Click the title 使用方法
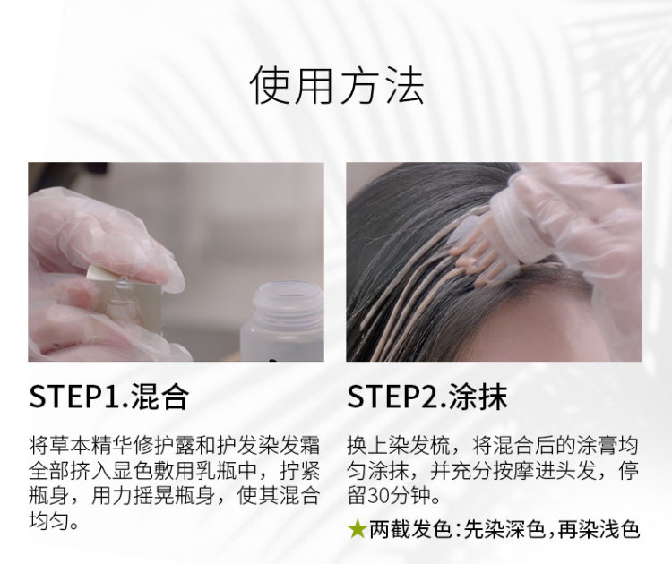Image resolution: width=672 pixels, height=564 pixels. click(x=337, y=85)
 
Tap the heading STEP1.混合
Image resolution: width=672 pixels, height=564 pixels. click(x=108, y=397)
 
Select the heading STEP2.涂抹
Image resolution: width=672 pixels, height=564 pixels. click(x=427, y=397)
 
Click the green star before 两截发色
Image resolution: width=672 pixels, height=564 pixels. click(x=357, y=529)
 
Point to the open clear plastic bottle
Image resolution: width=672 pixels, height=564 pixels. click(x=283, y=321)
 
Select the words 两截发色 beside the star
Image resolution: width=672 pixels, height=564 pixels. click(x=410, y=529)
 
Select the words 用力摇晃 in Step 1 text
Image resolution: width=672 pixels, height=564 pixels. click(x=133, y=496)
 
